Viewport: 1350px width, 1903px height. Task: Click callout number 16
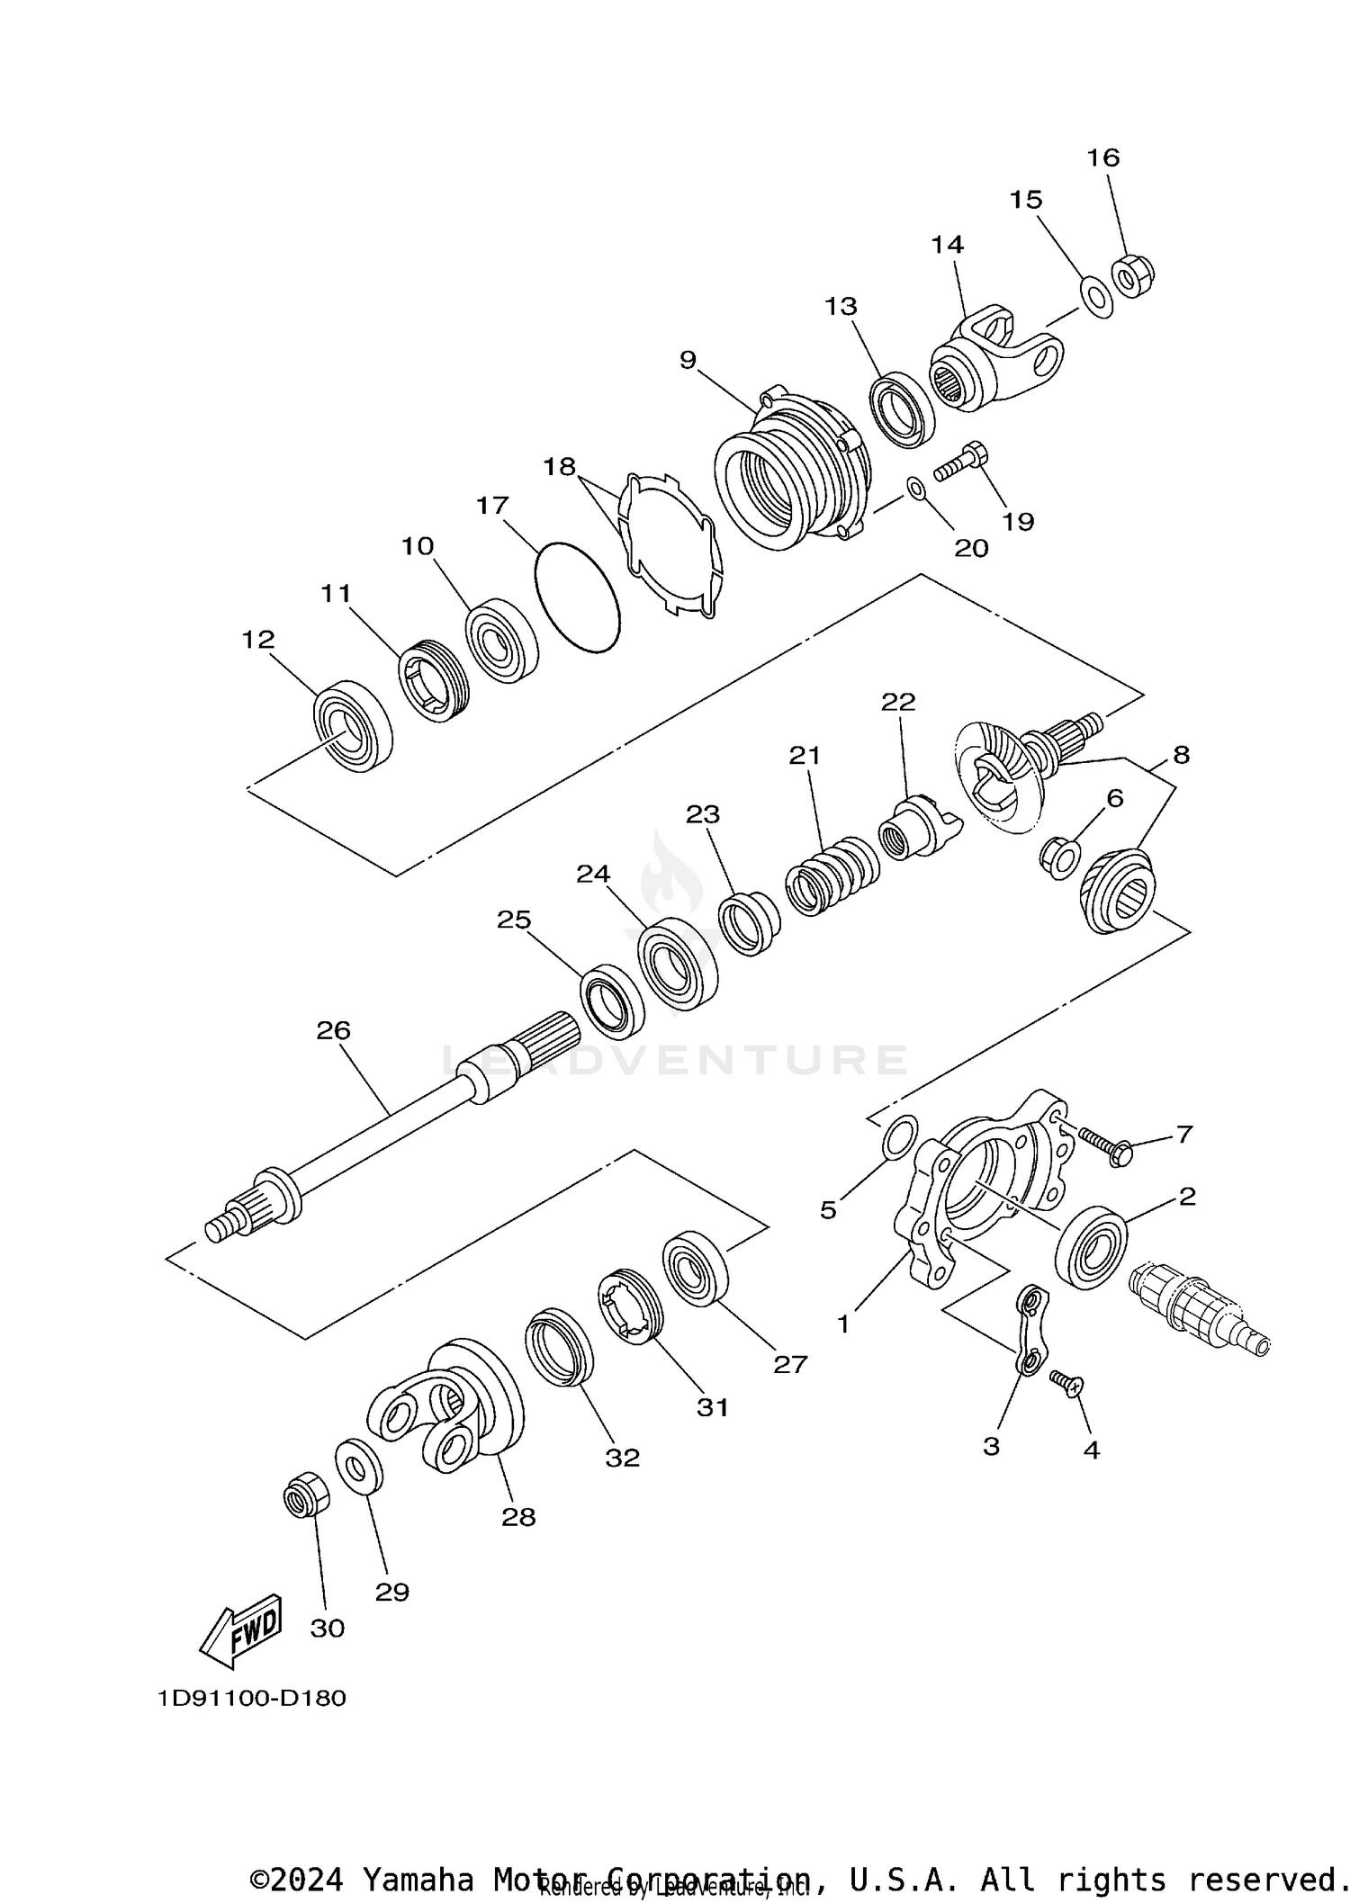[x=1102, y=157]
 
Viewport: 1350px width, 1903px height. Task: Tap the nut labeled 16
[x=1131, y=275]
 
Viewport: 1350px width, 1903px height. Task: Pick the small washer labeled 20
[x=916, y=489]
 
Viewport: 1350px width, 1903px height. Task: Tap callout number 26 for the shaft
[x=333, y=1030]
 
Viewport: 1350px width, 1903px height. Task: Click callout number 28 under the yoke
[x=518, y=1517]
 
